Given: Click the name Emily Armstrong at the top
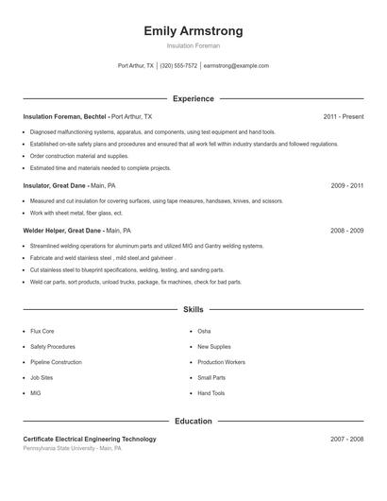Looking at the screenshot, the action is pyautogui.click(x=193, y=30).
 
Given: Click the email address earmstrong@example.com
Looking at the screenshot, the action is pyautogui.click(x=236, y=66).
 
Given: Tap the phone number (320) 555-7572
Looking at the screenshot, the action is pyautogui.click(x=178, y=66).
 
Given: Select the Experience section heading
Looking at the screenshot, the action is pyautogui.click(x=193, y=98).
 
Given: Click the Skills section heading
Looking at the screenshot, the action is pyautogui.click(x=193, y=309).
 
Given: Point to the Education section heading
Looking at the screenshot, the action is pyautogui.click(x=193, y=421).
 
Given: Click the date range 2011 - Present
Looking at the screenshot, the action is pyautogui.click(x=343, y=116).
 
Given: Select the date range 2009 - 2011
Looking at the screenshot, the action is pyautogui.click(x=346, y=186).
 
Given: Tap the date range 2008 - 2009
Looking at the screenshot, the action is pyautogui.click(x=346, y=230).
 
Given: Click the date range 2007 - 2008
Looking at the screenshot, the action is pyautogui.click(x=346, y=439).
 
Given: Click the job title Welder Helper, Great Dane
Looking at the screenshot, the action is pyautogui.click(x=62, y=230).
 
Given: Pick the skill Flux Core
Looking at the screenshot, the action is pyautogui.click(x=42, y=332).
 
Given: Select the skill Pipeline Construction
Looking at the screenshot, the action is pyautogui.click(x=56, y=362).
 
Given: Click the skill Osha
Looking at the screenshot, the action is pyautogui.click(x=204, y=332).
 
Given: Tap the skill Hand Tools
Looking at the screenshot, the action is pyautogui.click(x=210, y=392).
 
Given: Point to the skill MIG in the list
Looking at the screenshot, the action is pyautogui.click(x=36, y=392).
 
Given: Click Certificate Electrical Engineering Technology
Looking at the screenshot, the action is pyautogui.click(x=90, y=439).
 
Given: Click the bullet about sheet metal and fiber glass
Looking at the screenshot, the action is pyautogui.click(x=76, y=213).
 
